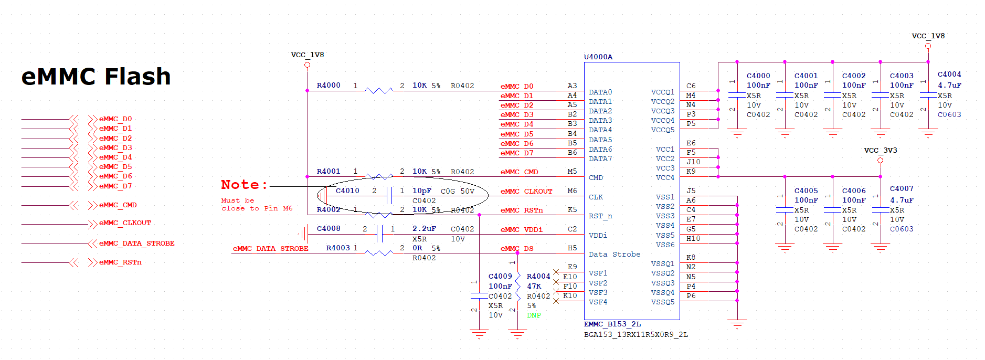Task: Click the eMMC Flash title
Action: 96,77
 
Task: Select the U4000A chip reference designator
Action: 598,57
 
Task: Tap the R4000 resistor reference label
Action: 329,85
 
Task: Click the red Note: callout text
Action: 245,185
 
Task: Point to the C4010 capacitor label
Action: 347,190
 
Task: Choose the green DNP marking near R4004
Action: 534,315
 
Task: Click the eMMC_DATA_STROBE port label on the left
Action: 137,243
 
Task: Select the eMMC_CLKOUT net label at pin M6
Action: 526,191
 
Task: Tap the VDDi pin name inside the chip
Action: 598,235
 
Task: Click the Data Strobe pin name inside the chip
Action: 615,254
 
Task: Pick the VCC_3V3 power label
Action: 881,150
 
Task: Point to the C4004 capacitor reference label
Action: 949,74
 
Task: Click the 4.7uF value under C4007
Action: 902,200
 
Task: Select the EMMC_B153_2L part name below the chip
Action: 612,324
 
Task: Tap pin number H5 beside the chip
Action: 572,248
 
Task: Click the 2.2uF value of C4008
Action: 424,228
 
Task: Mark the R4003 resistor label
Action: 338,248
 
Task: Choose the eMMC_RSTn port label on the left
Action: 120,262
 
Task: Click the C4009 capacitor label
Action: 500,276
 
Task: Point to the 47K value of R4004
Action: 534,286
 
